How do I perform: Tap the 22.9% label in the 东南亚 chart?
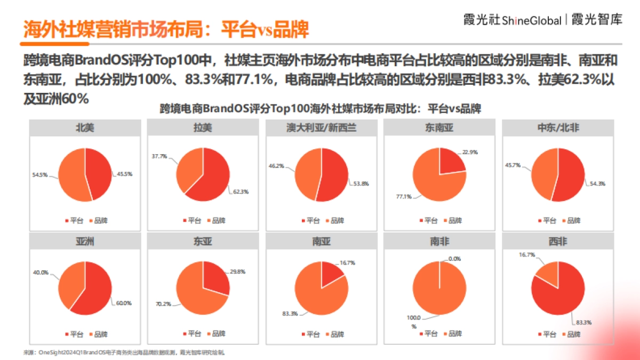click(x=470, y=152)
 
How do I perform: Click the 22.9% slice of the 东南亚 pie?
click(x=450, y=162)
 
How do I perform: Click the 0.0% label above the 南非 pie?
click(x=454, y=258)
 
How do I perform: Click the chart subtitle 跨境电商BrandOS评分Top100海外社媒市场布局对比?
click(x=320, y=109)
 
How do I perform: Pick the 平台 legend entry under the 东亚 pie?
click(x=193, y=334)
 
